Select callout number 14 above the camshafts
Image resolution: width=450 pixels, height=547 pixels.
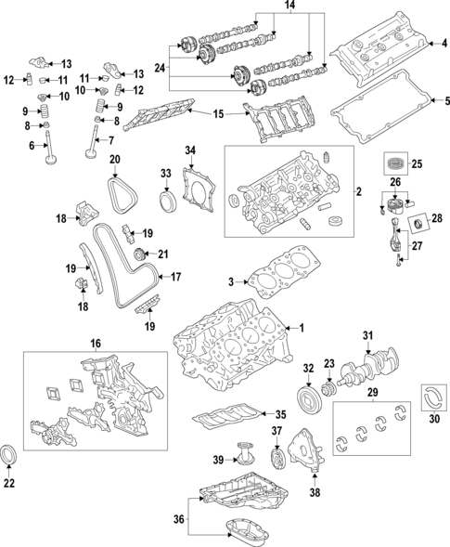click(x=289, y=7)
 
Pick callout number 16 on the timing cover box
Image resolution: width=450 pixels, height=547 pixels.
click(x=95, y=344)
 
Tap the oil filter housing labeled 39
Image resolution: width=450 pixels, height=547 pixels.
click(x=244, y=460)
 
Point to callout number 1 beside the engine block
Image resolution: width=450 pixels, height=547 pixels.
click(x=299, y=328)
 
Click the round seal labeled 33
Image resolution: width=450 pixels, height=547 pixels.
click(x=167, y=203)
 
